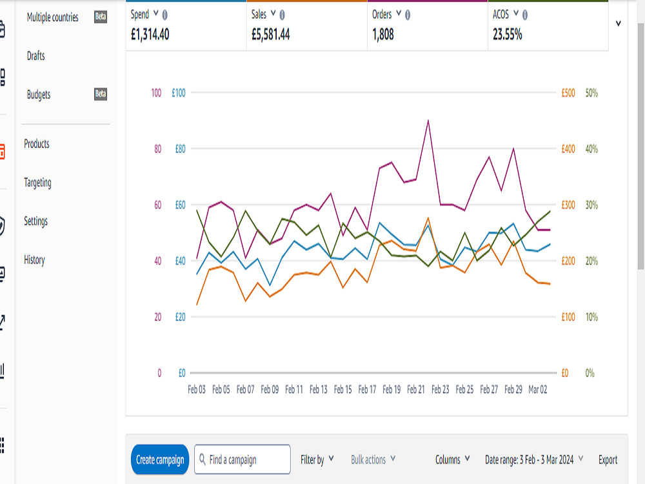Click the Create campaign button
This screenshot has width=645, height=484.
[160, 459]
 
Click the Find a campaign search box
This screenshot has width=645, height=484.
[243, 459]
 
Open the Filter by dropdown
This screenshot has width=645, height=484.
[317, 459]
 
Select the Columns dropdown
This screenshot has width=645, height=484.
[453, 459]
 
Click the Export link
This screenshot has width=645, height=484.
[608, 459]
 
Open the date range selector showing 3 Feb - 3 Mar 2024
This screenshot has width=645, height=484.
[534, 459]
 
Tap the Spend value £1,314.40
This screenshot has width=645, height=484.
[150, 35]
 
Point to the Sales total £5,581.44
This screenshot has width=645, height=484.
[271, 35]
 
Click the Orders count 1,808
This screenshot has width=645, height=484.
[383, 35]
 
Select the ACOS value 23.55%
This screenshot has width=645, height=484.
[507, 35]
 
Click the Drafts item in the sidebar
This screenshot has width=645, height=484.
[35, 56]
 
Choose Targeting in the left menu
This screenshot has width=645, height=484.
[37, 183]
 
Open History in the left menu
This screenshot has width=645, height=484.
[34, 259]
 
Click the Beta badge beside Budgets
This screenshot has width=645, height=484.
[101, 94]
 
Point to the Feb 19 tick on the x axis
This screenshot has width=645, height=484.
[392, 389]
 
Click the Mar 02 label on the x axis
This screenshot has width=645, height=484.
[538, 389]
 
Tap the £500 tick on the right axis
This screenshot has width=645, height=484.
[568, 93]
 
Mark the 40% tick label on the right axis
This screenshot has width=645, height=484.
[591, 149]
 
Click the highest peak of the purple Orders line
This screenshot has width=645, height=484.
[428, 120]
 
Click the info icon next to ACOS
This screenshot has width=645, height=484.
[525, 15]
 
